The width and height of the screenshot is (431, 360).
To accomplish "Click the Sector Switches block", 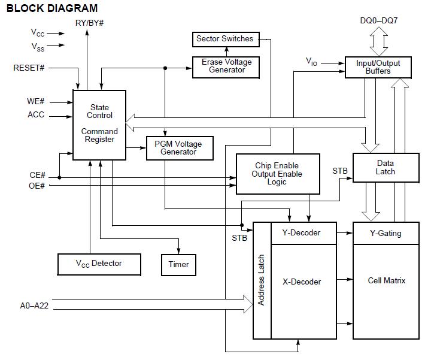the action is pyautogui.click(x=226, y=40).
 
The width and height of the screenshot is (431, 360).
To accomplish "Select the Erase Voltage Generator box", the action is pyautogui.click(x=226, y=67).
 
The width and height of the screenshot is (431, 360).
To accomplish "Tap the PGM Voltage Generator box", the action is pyautogui.click(x=180, y=148).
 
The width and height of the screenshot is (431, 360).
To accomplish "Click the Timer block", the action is pyautogui.click(x=178, y=265).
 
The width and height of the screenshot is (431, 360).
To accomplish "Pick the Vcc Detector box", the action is pyautogui.click(x=99, y=264).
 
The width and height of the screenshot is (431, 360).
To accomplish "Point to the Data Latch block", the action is pyautogui.click(x=386, y=168).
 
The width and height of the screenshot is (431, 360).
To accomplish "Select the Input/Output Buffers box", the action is pyautogui.click(x=378, y=67).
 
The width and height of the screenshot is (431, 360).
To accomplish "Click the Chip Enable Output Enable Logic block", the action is pyautogui.click(x=278, y=174).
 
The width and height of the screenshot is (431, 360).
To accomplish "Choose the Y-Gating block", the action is pyautogui.click(x=386, y=233).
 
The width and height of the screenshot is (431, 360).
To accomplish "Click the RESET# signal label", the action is pyautogui.click(x=29, y=68).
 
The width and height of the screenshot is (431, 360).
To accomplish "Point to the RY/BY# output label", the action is pyautogui.click(x=90, y=23).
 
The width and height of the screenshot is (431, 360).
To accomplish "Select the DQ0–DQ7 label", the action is pyautogui.click(x=379, y=20).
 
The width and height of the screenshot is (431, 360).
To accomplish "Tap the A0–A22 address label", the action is pyautogui.click(x=34, y=305).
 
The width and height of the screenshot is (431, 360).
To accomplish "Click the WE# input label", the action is pyautogui.click(x=36, y=101).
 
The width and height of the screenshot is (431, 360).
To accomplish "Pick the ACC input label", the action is pyautogui.click(x=36, y=114).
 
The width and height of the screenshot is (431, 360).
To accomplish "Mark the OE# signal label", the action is pyautogui.click(x=37, y=186).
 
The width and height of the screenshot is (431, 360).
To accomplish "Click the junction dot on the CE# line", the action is pyautogui.click(x=59, y=178).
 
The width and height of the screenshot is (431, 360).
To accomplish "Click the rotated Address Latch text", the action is pyautogui.click(x=261, y=280).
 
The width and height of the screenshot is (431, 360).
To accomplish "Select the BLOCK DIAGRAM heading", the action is pyautogui.click(x=52, y=8).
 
